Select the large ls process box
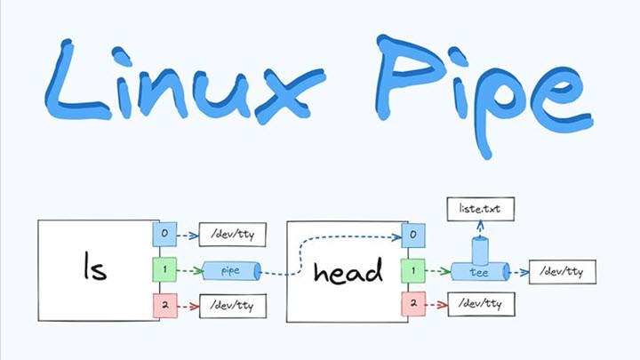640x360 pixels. (94, 269)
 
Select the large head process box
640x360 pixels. (343, 270)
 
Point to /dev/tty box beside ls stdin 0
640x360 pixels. (232, 236)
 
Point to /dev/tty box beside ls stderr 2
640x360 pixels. (232, 305)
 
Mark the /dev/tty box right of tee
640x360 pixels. (561, 271)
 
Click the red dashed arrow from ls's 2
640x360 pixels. (188, 305)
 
